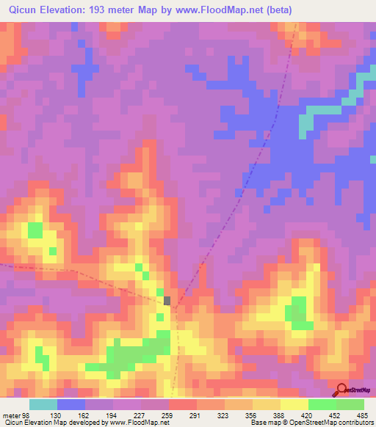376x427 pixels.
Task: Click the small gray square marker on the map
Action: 167,300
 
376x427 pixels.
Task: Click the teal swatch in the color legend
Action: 43,404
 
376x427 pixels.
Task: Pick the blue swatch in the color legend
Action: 70,404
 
